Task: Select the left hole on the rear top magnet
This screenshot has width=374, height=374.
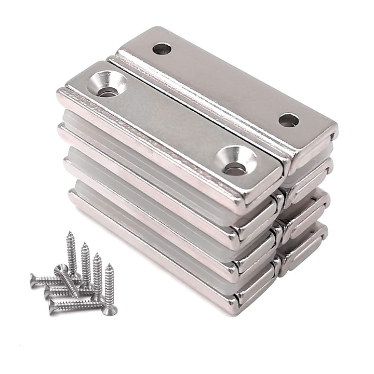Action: point(162,49)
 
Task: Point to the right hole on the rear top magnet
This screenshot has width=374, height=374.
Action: point(288,120)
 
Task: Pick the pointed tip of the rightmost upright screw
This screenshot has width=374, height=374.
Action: point(109,266)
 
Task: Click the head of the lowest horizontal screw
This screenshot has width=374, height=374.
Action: point(52,309)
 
